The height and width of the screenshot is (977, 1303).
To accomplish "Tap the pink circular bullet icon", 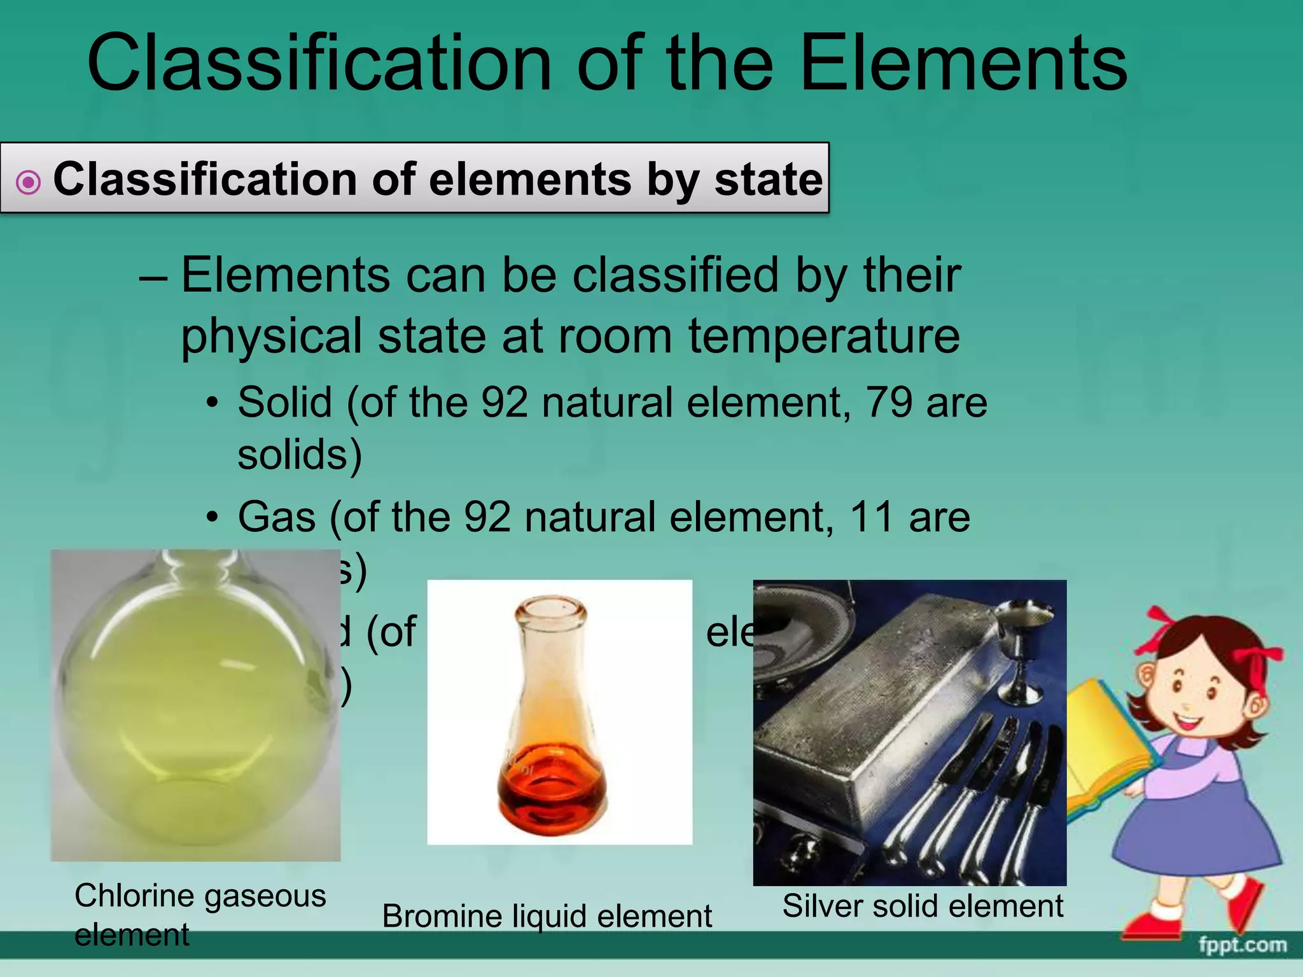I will (x=28, y=183).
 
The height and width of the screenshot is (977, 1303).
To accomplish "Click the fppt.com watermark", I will (x=1243, y=945).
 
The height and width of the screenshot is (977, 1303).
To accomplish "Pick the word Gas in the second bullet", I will (x=277, y=516).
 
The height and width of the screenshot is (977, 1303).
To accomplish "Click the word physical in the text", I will (x=272, y=336).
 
